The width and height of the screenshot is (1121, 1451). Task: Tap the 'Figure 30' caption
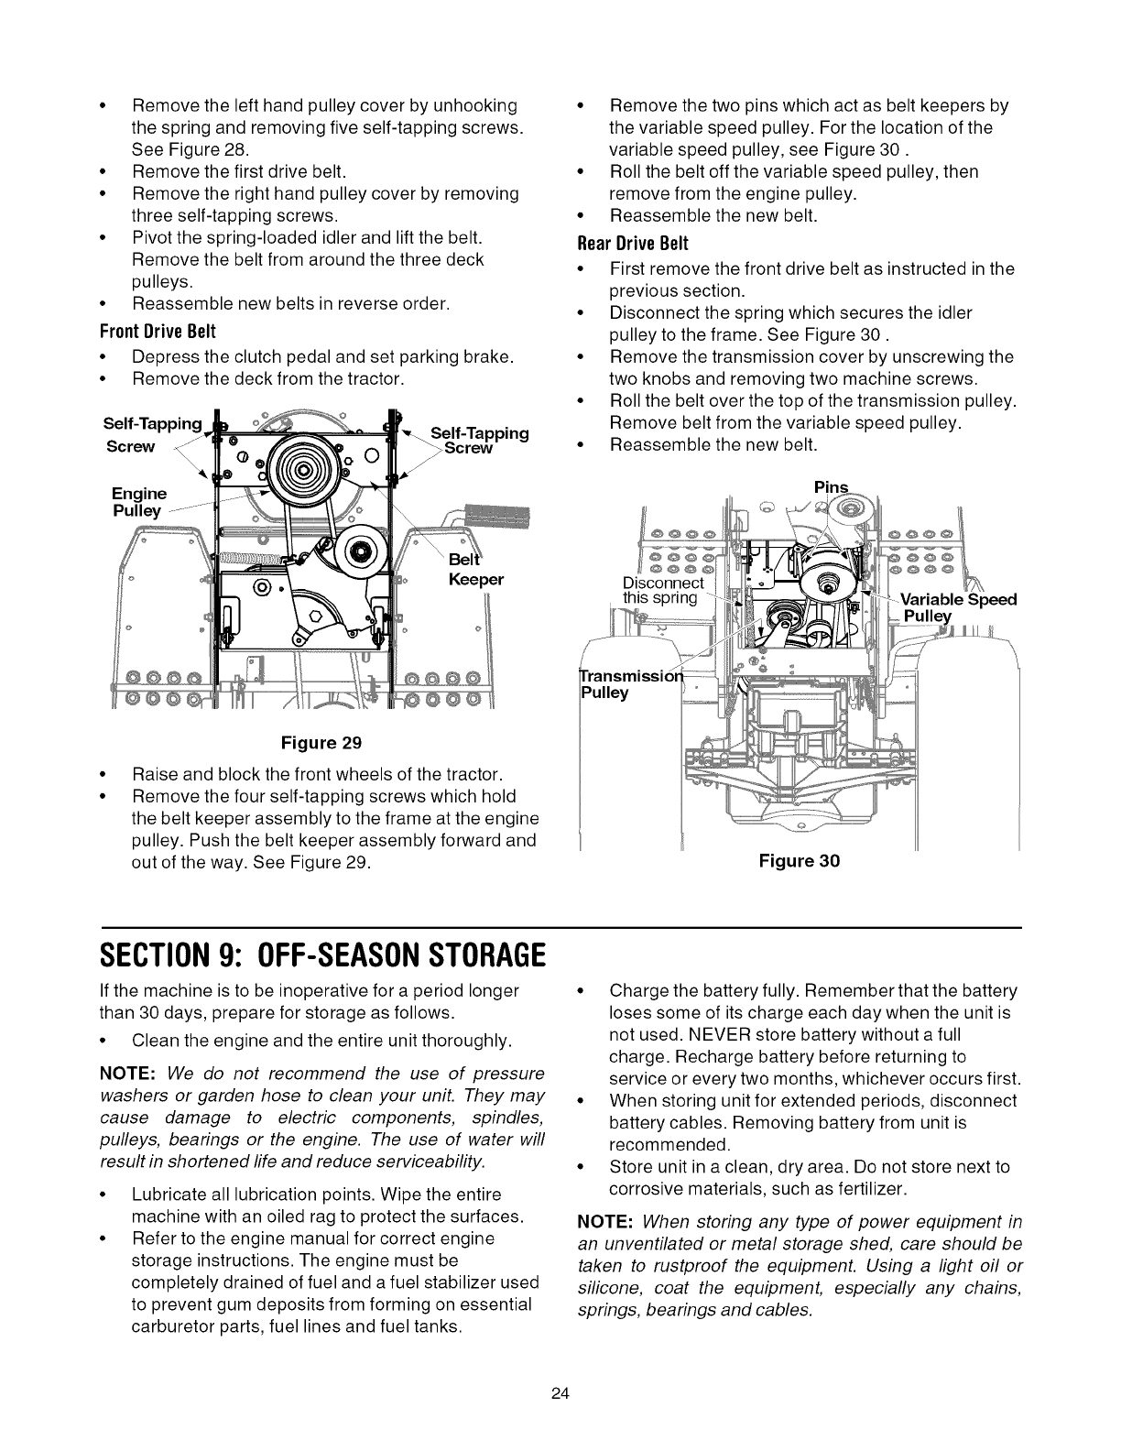point(799,860)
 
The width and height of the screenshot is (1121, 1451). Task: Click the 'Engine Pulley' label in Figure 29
point(136,502)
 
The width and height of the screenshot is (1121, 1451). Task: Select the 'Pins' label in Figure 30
point(831,486)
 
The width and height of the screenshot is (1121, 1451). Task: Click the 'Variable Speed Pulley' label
point(957,608)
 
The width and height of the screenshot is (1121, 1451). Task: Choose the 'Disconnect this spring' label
point(662,591)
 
